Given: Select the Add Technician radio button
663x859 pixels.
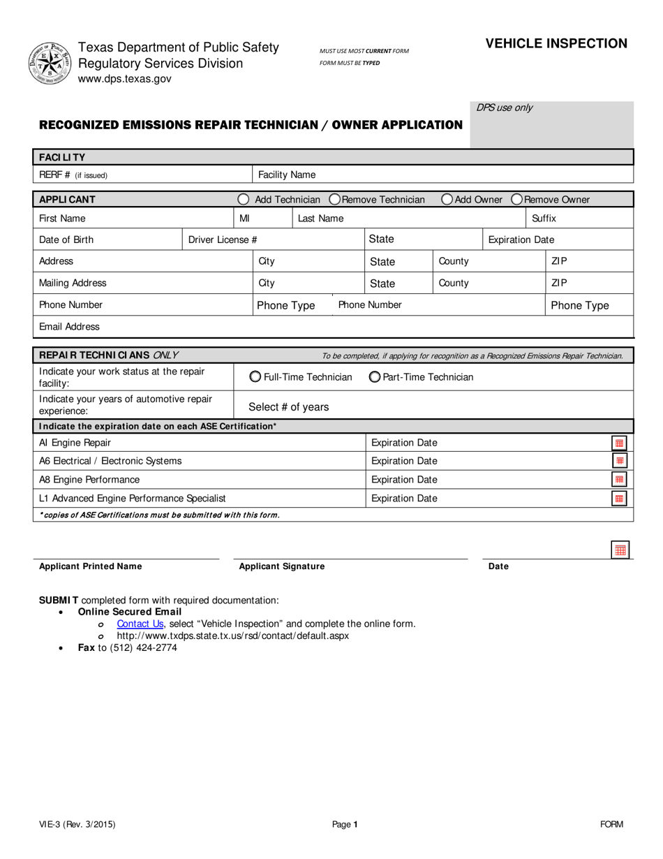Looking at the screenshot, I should point(243,200).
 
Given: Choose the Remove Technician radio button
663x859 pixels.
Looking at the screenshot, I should point(335,200).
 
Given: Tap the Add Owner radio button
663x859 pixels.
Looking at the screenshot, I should point(447,200).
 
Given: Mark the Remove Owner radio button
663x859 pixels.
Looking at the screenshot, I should point(517,200).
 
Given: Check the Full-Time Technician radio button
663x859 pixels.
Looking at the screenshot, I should point(255,377).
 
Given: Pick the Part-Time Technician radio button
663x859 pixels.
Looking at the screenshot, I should point(375,377).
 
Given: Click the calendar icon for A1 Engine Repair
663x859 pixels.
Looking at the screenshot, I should point(619,443).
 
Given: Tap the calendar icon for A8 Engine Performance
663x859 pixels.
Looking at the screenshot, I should point(619,480).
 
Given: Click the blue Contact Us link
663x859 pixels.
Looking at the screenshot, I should point(140,624).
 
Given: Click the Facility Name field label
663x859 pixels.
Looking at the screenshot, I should point(287,175).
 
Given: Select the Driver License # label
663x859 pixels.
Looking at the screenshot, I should point(223,240).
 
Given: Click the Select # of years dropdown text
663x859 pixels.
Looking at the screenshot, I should point(289,407).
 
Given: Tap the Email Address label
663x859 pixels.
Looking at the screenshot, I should point(69,327).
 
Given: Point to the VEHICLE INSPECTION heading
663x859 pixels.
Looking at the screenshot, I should point(556,43).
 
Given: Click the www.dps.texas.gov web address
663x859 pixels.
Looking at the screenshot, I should point(124,79).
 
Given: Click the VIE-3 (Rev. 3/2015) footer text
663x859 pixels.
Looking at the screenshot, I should point(77,824).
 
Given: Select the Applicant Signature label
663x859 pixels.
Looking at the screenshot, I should point(282,566).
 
